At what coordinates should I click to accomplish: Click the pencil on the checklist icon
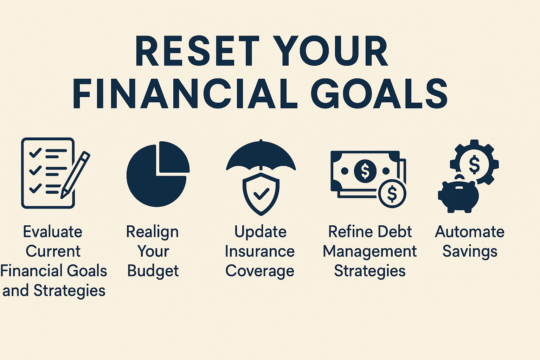(75, 175)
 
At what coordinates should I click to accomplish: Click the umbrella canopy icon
(261, 155)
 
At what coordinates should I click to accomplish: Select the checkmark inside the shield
(261, 194)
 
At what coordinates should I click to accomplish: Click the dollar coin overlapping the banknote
(392, 194)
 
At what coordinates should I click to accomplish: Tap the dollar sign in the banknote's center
(365, 171)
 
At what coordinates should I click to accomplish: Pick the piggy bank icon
(458, 195)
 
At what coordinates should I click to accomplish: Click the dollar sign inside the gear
(474, 165)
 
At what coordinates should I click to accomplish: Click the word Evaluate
(52, 232)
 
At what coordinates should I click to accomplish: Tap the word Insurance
(260, 251)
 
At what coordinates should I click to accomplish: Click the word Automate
(470, 232)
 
